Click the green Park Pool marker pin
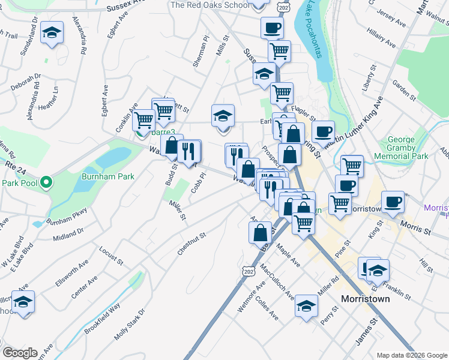pos(45,183)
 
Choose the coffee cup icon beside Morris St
pos(393,202)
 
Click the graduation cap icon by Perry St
pos(306,307)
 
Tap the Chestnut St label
pos(191,244)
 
